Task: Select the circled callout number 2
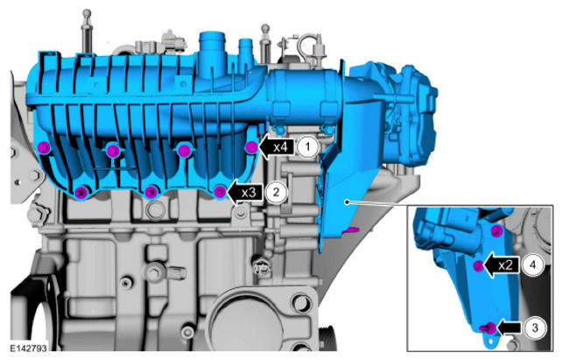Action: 276,192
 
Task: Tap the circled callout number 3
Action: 535,328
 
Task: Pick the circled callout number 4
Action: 533,265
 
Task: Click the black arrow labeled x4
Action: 277,147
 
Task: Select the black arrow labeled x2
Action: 501,265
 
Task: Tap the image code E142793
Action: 28,348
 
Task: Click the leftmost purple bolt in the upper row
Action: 44,147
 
